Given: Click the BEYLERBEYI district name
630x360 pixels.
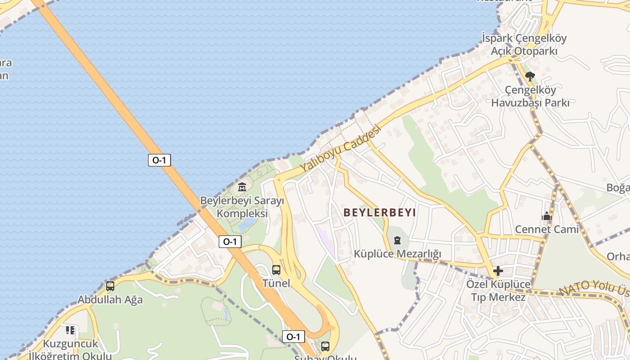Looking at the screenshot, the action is [x=380, y=212].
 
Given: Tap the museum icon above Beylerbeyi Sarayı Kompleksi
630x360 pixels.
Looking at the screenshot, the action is [x=242, y=186].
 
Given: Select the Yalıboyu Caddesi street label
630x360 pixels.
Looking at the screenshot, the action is [x=341, y=148].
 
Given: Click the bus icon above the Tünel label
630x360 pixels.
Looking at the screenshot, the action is [x=276, y=270].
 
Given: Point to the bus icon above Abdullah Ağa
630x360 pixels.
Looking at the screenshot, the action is [x=110, y=286].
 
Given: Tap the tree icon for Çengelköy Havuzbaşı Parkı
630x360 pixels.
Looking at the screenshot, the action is [x=530, y=76].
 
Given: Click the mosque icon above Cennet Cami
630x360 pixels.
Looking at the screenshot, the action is [x=547, y=216].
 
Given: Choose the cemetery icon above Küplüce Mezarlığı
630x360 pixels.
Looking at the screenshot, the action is [x=397, y=240].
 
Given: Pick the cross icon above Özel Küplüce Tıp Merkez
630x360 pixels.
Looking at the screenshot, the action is [x=498, y=271].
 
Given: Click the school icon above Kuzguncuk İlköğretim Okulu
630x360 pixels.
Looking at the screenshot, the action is [x=70, y=330].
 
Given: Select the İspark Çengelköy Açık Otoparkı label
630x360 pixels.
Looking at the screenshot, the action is [x=524, y=45].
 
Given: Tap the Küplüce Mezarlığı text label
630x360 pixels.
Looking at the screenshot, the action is [x=397, y=254].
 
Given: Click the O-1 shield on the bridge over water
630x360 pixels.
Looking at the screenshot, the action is [x=159, y=160].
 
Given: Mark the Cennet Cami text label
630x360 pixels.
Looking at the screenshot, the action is [x=547, y=229].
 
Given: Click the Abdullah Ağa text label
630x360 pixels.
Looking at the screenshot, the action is [x=110, y=300].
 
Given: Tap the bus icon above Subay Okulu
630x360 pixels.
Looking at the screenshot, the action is [x=325, y=346].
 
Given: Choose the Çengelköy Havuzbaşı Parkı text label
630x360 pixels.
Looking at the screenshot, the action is [x=530, y=96].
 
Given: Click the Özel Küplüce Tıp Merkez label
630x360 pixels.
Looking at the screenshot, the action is [x=498, y=291].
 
